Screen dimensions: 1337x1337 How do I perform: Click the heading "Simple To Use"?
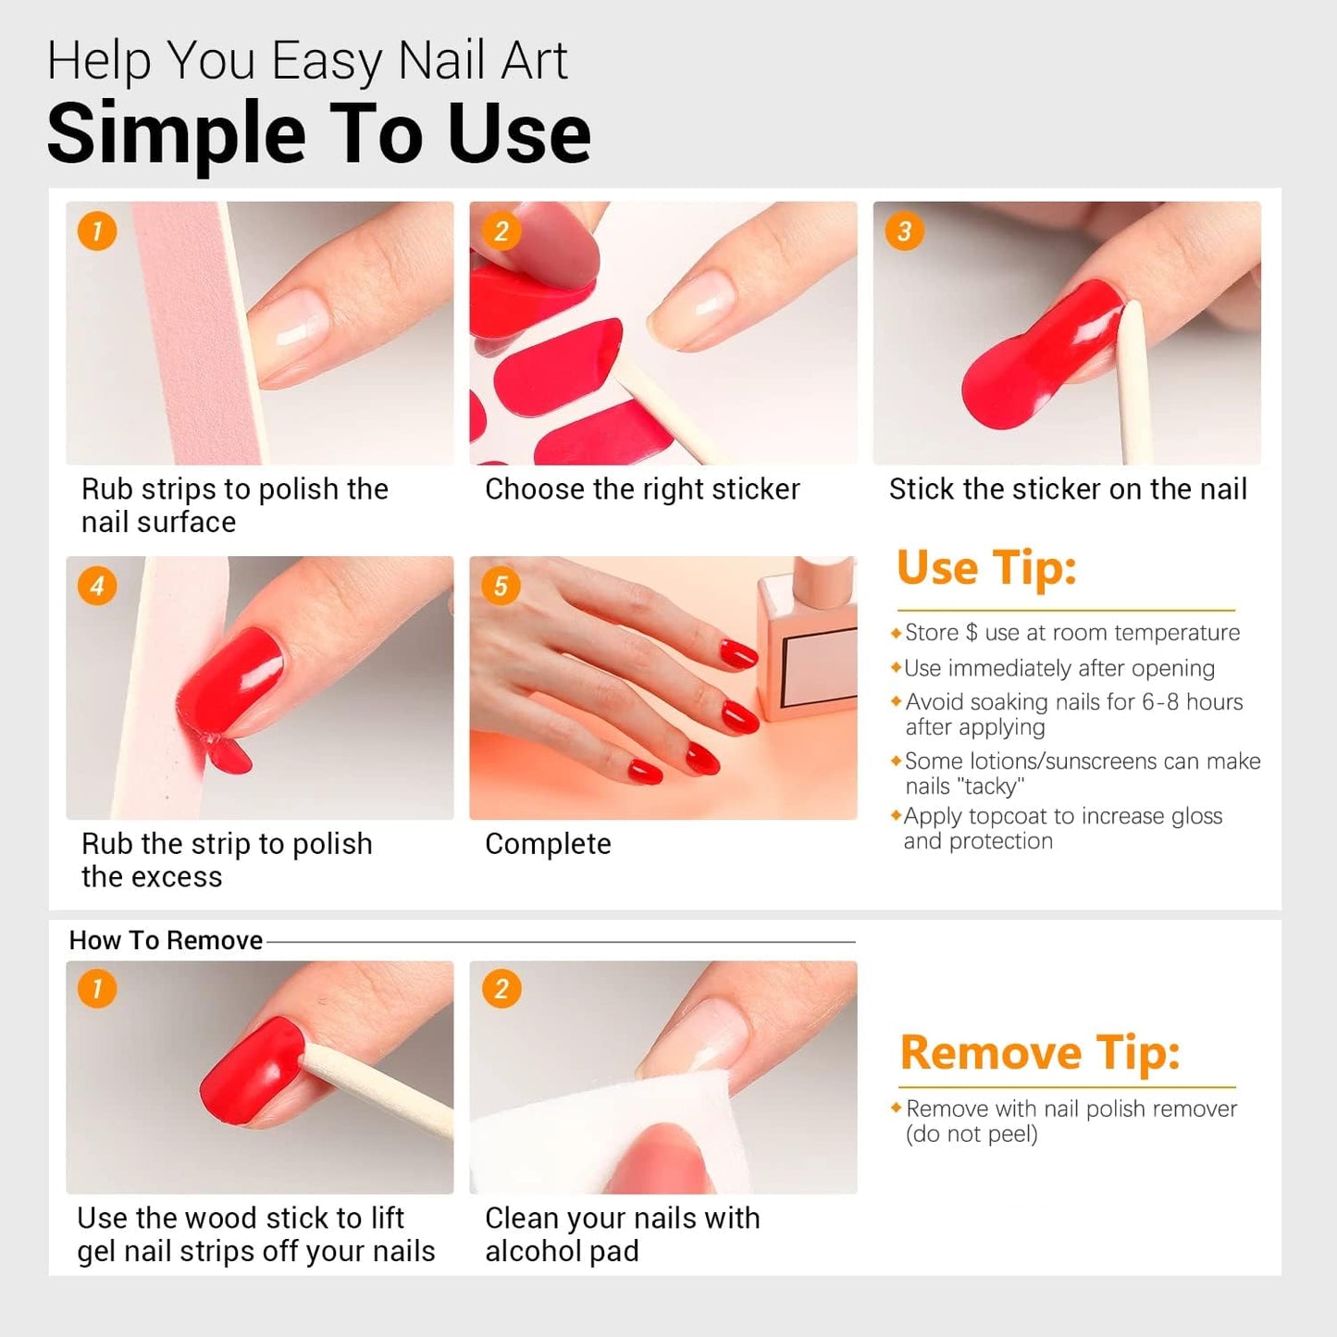[x=318, y=134]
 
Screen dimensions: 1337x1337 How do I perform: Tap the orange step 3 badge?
[x=904, y=230]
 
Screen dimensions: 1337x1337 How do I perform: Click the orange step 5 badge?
[x=501, y=586]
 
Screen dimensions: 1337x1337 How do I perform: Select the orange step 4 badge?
[x=97, y=586]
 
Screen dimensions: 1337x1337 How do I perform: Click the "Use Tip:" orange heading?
[x=986, y=567]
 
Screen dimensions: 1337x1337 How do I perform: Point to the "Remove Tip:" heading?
[x=1040, y=1052]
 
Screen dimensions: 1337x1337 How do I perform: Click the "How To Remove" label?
[x=166, y=940]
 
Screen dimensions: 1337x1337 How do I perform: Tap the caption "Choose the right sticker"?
[x=642, y=489]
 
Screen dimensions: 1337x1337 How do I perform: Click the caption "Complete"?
[x=548, y=844]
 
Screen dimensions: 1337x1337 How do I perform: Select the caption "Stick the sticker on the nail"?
[x=1068, y=489]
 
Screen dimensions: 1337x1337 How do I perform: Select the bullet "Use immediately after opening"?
[x=1059, y=668]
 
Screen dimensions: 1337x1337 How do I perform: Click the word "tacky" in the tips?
[x=990, y=786]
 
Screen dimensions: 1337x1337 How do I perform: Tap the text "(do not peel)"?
[x=972, y=1134]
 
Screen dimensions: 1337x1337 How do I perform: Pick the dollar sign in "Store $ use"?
[x=972, y=633]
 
